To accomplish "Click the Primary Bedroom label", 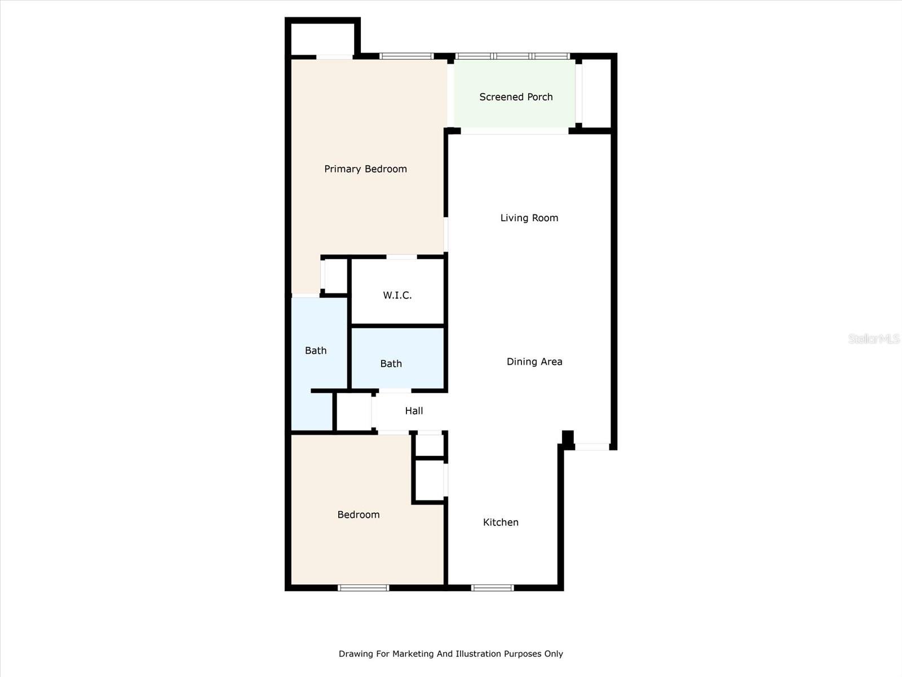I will (365, 169).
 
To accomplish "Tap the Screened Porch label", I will (516, 97).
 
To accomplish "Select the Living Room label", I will (529, 218).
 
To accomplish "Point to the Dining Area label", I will (534, 362).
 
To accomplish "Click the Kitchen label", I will (501, 522).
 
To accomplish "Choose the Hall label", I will (414, 411).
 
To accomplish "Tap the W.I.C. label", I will (397, 295).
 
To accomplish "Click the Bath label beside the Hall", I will (391, 364).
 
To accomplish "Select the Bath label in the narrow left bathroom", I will (316, 350).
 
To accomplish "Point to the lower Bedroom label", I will (359, 515).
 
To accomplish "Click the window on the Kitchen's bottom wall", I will (492, 588).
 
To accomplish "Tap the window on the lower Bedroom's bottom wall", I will (363, 588).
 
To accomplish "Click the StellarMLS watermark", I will (873, 338).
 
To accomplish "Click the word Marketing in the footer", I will (413, 654).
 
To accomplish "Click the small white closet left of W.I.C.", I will (336, 276).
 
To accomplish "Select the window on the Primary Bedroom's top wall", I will (406, 56).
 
